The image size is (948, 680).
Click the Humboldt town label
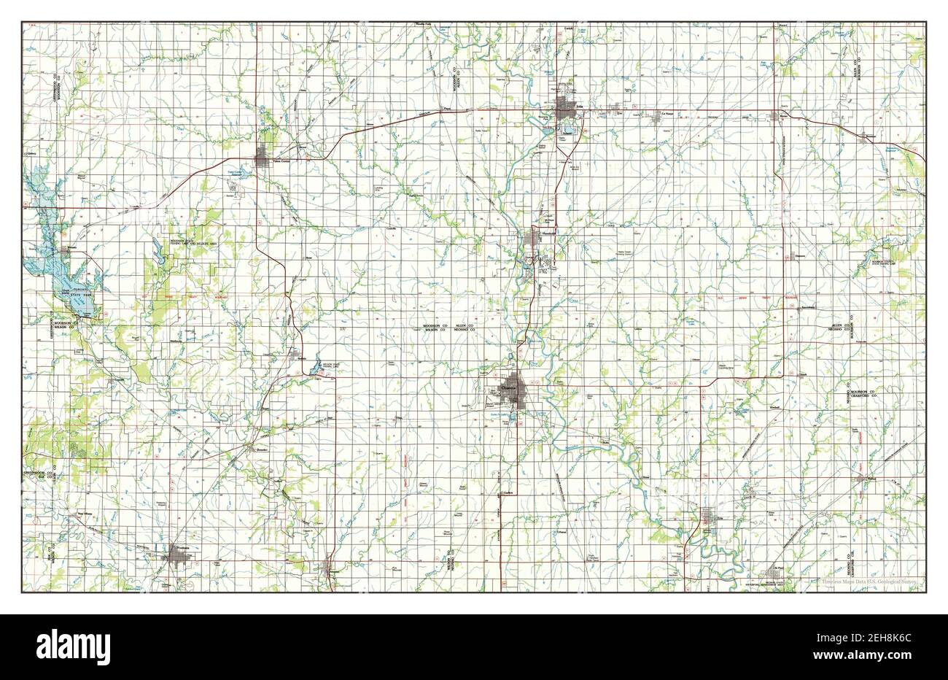pyautogui.click(x=548, y=233)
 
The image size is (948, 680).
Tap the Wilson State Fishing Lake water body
pyautogui.click(x=316, y=369)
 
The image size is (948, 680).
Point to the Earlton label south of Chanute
pyautogui.click(x=509, y=493)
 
